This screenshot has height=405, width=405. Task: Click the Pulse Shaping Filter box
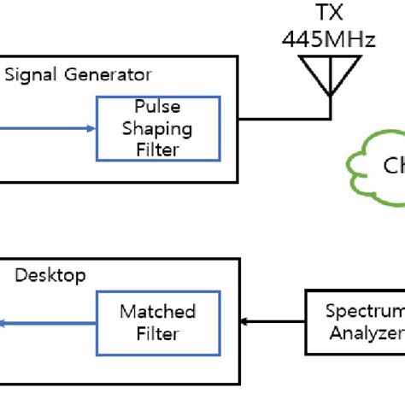coord(157,129)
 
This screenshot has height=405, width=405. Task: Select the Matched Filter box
coord(157,322)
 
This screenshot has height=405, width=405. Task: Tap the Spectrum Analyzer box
coord(355,322)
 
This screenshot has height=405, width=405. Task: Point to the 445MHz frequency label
coord(329,39)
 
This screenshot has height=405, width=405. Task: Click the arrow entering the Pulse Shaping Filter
coord(51,129)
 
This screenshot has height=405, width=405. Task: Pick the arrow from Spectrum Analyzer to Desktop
coord(273,323)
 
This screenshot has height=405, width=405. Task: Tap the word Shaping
coord(157,129)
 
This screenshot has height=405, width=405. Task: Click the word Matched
coord(157,312)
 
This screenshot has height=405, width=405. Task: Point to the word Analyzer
coord(366,333)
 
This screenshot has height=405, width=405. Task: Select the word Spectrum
coord(366,312)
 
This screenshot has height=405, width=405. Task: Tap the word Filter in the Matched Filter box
coord(157,333)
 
